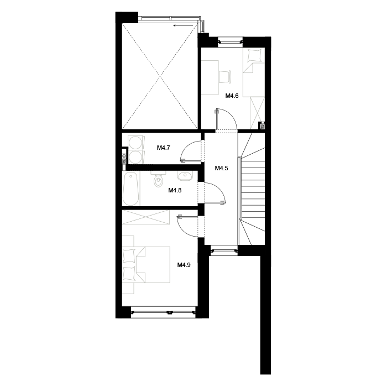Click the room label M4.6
(x=232, y=96)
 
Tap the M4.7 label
(x=164, y=148)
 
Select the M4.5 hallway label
(x=221, y=168)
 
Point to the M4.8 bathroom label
(x=175, y=190)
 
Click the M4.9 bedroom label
(x=184, y=265)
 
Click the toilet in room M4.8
(x=158, y=179)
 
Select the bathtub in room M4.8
(x=130, y=189)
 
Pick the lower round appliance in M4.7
(x=135, y=157)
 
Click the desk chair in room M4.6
(x=225, y=76)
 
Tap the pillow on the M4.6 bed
(x=254, y=55)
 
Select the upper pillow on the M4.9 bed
(x=129, y=256)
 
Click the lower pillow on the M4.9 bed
(x=129, y=274)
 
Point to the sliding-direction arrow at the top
(x=183, y=25)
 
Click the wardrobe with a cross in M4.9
(x=146, y=217)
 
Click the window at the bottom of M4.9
(x=163, y=312)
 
